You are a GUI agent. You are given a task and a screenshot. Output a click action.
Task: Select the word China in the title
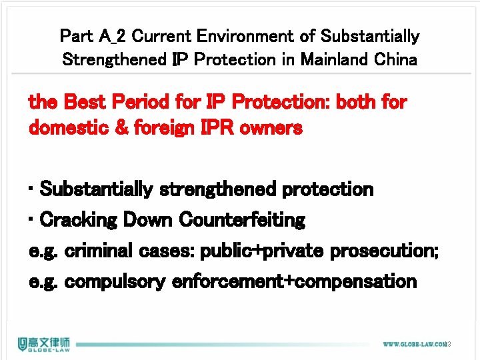point(396,59)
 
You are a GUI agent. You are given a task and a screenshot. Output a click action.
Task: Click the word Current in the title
point(160,36)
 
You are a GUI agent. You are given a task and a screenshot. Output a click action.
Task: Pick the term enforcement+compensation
point(294,282)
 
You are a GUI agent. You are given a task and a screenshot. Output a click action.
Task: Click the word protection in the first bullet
point(328,189)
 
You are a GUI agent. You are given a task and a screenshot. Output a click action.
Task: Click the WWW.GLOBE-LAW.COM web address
point(414,345)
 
